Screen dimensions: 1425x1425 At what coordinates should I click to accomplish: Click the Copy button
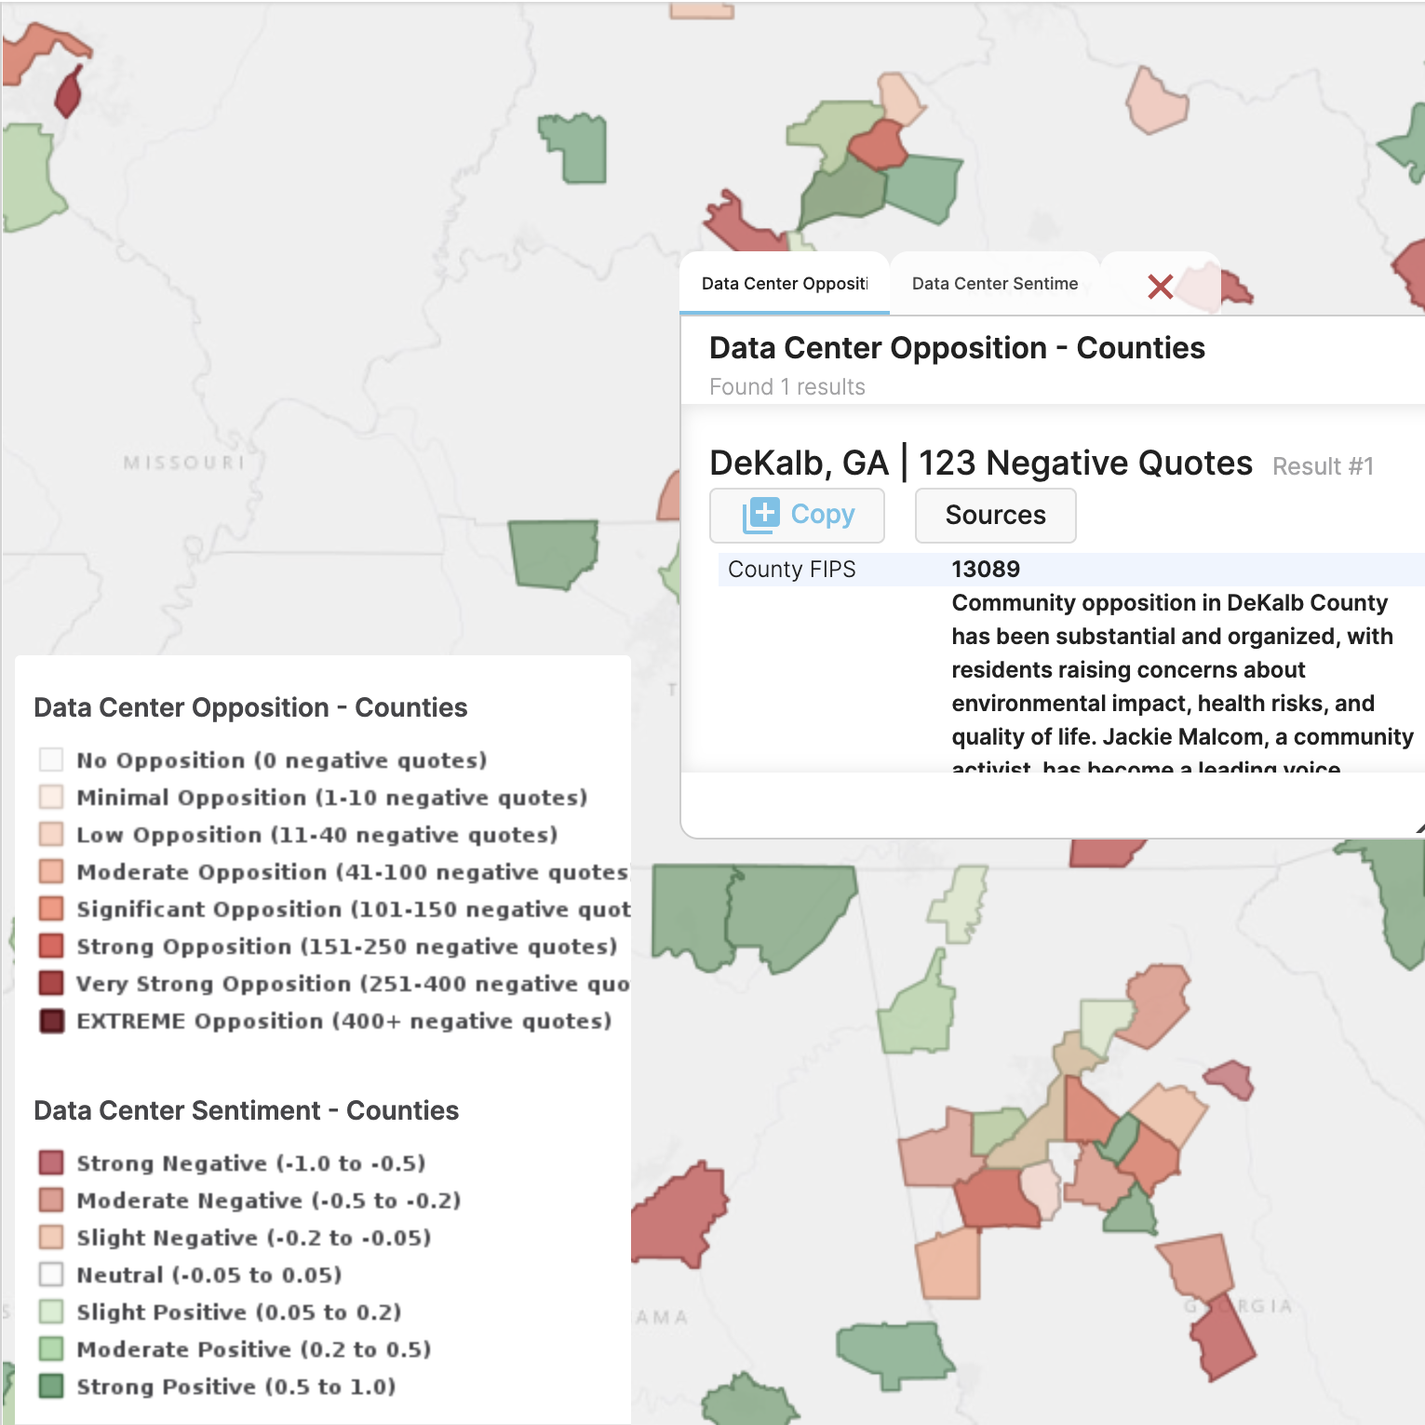pyautogui.click(x=798, y=515)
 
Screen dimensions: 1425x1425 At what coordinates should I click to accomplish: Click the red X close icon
pyautogui.click(x=1160, y=286)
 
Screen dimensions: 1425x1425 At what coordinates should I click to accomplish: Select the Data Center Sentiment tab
pyautogui.click(x=994, y=284)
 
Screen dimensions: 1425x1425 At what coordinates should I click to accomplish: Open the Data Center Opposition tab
pyautogui.click(x=785, y=284)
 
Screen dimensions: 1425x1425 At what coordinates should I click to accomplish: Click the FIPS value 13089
pyautogui.click(x=986, y=570)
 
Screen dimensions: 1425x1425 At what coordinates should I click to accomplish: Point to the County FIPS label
pyautogui.click(x=791, y=570)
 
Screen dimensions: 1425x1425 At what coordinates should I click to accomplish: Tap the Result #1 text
pyautogui.click(x=1323, y=466)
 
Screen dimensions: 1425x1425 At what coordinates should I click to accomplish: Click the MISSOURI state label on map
pyautogui.click(x=184, y=463)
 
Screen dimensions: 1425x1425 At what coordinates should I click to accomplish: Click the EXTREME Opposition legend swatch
pyautogui.click(x=52, y=1021)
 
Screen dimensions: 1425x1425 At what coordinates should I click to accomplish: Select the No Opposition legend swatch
pyautogui.click(x=52, y=760)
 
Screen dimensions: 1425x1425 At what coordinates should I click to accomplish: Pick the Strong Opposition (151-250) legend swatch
pyautogui.click(x=52, y=947)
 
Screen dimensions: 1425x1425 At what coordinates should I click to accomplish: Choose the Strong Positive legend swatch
pyautogui.click(x=52, y=1387)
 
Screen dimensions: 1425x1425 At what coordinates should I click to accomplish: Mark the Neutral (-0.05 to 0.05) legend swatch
pyautogui.click(x=52, y=1275)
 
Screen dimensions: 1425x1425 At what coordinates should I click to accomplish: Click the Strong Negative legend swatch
pyautogui.click(x=52, y=1163)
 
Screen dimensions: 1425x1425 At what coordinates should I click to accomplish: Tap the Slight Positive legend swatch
pyautogui.click(x=52, y=1312)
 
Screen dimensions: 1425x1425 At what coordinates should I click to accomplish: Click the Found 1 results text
pyautogui.click(x=787, y=387)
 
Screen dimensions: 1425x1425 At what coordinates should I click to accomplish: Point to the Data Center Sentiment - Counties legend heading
pyautogui.click(x=246, y=1110)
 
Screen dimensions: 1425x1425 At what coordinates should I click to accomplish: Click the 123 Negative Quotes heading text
pyautogui.click(x=1085, y=464)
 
